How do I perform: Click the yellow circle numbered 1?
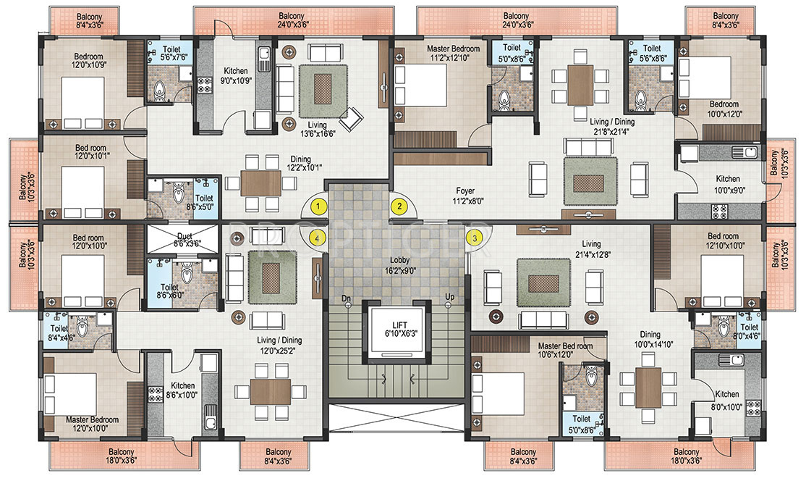(x=318, y=207)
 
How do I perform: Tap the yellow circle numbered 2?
(x=399, y=207)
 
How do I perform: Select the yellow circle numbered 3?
(x=475, y=238)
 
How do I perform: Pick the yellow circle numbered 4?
(x=318, y=238)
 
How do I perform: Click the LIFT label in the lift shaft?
(x=399, y=325)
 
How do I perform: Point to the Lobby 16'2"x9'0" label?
(x=399, y=265)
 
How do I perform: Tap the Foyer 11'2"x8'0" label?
(x=465, y=196)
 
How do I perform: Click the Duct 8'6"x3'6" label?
(x=184, y=240)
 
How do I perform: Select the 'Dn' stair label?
(x=346, y=298)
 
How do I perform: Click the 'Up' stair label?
(x=450, y=297)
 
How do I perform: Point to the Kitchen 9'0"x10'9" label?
(x=236, y=75)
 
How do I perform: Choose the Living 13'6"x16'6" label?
(x=317, y=129)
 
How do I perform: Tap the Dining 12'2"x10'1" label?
(x=300, y=164)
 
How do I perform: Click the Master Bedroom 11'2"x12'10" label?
(x=454, y=54)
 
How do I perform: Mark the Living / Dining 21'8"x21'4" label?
(x=611, y=127)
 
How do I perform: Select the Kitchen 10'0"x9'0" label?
(x=728, y=184)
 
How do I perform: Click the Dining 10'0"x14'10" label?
(x=650, y=340)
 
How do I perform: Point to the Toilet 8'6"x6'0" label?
(x=169, y=292)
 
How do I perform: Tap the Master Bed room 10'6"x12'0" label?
(x=565, y=351)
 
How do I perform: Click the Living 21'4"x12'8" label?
(x=591, y=249)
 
